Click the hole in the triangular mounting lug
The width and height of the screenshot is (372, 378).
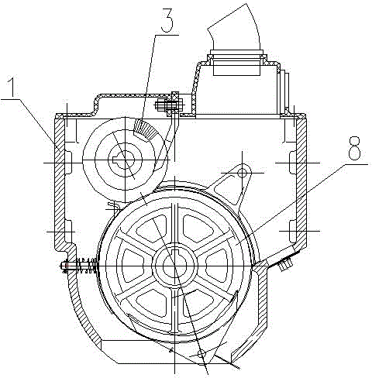coord(243,172)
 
